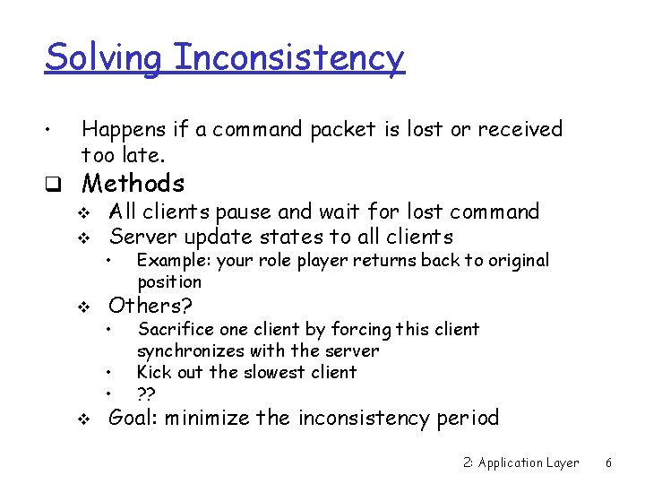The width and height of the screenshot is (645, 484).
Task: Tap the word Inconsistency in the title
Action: (x=289, y=58)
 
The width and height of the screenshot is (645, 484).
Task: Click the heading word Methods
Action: (x=133, y=184)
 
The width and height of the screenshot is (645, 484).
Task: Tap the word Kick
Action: (x=153, y=372)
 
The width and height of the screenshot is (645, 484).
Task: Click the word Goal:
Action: (x=133, y=419)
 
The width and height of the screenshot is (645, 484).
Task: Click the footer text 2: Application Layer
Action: (x=521, y=462)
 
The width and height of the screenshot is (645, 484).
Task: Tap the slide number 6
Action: (x=608, y=462)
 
